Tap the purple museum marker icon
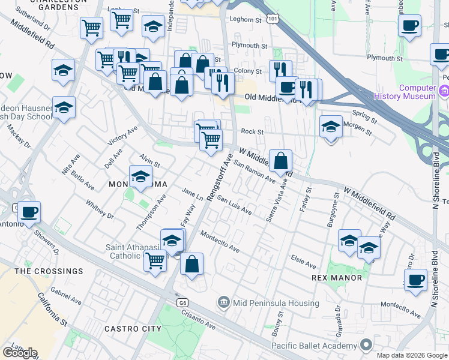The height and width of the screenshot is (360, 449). (444, 91)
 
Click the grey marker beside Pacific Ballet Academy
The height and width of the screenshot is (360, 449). (366, 345)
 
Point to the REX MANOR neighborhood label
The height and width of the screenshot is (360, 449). (337, 278)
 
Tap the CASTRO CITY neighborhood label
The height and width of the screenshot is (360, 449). (133, 329)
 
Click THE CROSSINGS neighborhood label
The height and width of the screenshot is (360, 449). (49, 271)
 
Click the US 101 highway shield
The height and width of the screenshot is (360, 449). (273, 19)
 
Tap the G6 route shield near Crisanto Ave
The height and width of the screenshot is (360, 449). (182, 303)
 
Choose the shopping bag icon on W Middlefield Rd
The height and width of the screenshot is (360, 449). (280, 160)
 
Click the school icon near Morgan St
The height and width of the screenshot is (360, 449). (330, 127)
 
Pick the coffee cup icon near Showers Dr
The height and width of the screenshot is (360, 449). (29, 212)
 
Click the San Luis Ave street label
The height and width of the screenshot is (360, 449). (234, 205)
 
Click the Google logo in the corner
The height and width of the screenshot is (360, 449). (20, 352)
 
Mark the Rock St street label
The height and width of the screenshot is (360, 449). (252, 131)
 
